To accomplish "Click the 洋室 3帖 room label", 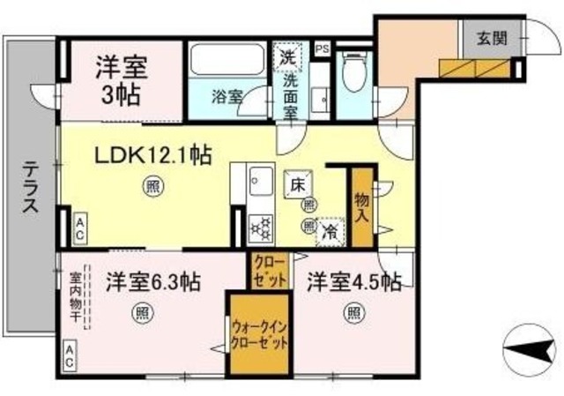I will tap(121, 77).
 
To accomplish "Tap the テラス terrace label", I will tap(30, 187).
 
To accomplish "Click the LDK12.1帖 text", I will tap(152, 156).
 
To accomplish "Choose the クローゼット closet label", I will tap(269, 272).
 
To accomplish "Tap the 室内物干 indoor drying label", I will tap(77, 298).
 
